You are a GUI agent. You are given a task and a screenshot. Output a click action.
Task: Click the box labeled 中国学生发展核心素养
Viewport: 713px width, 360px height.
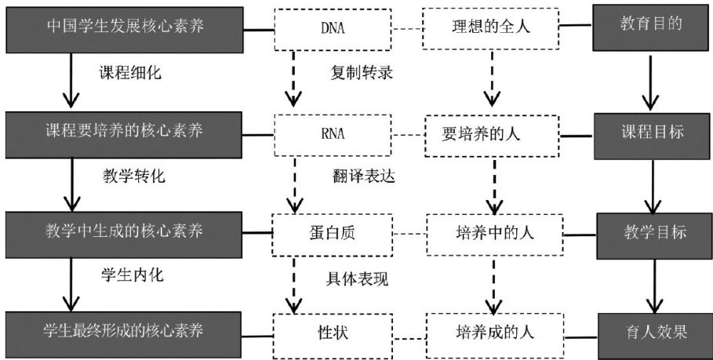tap(126, 28)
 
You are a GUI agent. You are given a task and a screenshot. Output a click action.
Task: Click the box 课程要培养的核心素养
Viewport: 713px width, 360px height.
tap(126, 130)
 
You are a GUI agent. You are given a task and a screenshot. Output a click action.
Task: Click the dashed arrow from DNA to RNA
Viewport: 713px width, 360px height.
tap(294, 78)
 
